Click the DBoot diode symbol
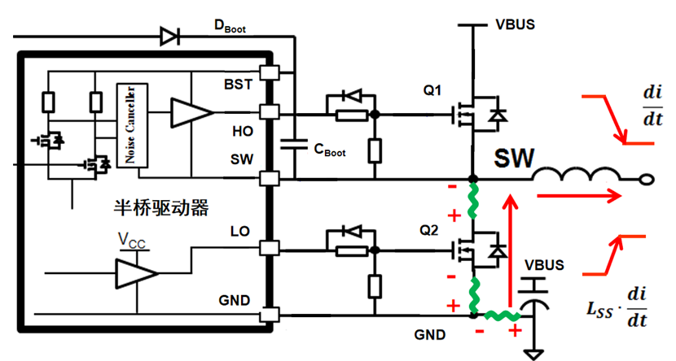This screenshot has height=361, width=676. (x=169, y=35)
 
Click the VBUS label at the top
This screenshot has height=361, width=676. (x=515, y=24)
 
